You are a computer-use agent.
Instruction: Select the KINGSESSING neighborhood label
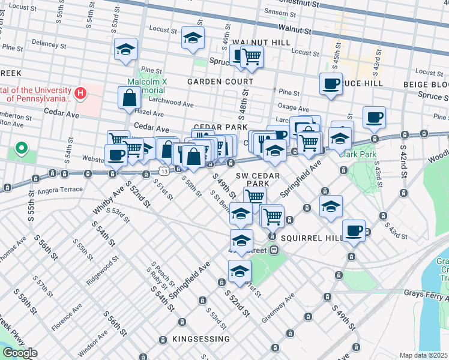coord(201,339)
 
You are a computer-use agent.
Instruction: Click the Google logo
coord(19,353)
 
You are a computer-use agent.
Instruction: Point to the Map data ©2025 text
coord(423,355)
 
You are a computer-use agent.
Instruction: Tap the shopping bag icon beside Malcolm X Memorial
coord(130,98)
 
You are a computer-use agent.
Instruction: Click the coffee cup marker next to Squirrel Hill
coord(354,230)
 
